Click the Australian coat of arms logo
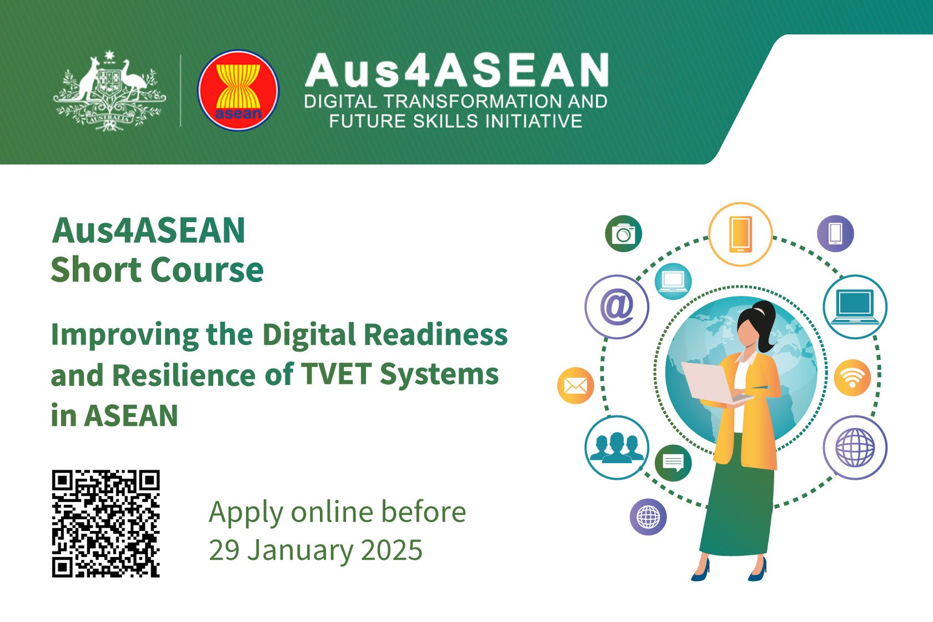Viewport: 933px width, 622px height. [109, 92]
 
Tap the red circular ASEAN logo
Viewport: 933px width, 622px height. [238, 91]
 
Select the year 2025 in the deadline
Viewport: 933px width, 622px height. [392, 550]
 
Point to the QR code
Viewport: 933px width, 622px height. [106, 524]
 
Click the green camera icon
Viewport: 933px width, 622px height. [623, 234]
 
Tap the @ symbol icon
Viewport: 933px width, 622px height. [616, 307]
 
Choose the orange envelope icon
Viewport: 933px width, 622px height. [575, 385]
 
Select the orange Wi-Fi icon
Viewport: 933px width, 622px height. [852, 378]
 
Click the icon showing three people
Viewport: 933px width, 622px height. [616, 447]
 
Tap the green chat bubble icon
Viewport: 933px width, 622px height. [673, 462]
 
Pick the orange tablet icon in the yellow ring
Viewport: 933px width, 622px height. [740, 234]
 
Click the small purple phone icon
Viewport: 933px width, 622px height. [835, 233]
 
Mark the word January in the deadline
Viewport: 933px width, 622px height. [300, 551]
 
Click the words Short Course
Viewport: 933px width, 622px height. [157, 270]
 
